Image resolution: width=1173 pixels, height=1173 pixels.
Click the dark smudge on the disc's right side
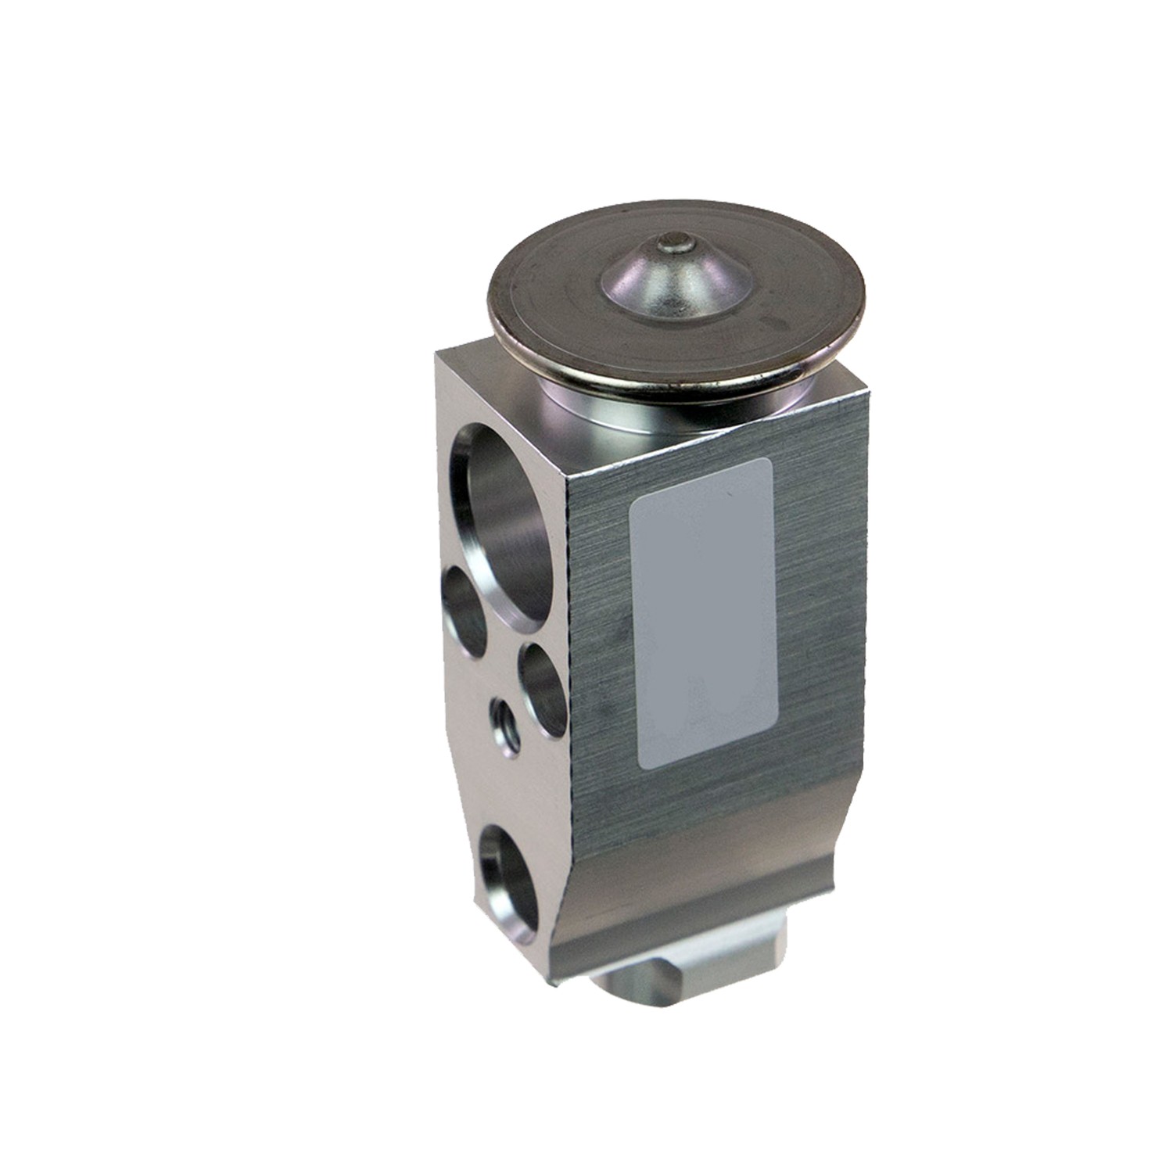774,321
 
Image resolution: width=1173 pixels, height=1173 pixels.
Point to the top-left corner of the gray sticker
635,500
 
